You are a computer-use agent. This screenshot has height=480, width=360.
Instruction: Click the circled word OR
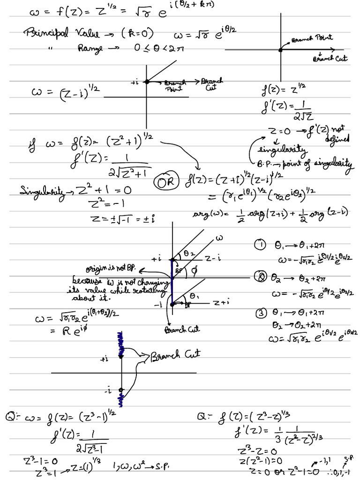[167, 181]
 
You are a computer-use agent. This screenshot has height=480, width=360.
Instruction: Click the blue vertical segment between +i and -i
[172, 281]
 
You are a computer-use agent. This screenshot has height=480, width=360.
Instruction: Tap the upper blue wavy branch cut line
[121, 344]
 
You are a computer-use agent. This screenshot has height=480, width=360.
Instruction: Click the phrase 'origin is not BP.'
[111, 269]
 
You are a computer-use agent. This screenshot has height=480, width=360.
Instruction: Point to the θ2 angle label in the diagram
[188, 253]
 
